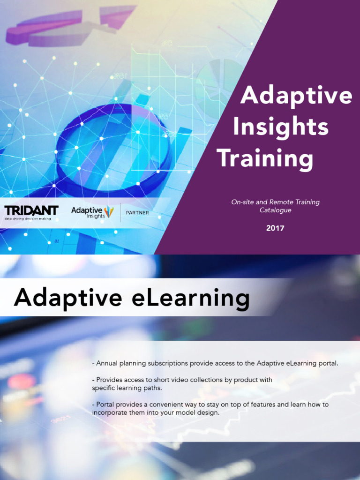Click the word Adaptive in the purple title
pos(296,96)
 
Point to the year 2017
pos(275,228)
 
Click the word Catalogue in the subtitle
pos(276,210)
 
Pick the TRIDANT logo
pos(31,210)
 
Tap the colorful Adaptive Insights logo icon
pos(109,211)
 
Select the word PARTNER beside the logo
pos(137,212)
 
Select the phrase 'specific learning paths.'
pos(127,388)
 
